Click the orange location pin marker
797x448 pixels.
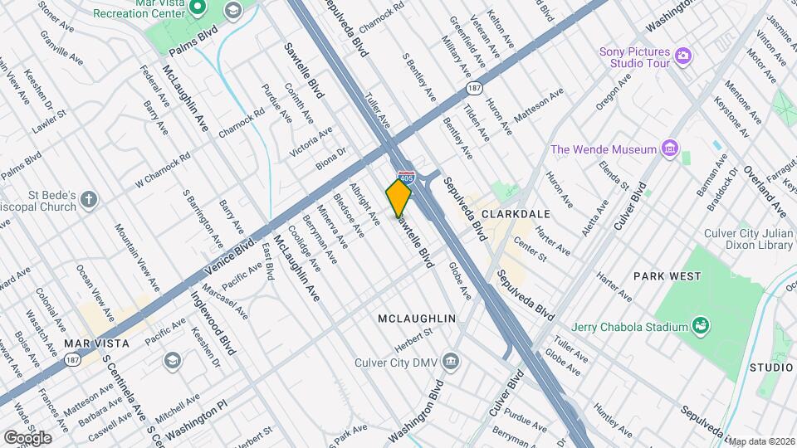pyautogui.click(x=398, y=197)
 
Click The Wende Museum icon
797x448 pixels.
pyautogui.click(x=670, y=150)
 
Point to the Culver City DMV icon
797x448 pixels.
pyautogui.click(x=451, y=360)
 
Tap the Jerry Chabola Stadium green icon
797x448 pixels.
pyautogui.click(x=702, y=324)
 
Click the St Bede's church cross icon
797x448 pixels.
pyautogui.click(x=89, y=200)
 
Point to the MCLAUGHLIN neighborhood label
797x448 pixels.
pyautogui.click(x=417, y=319)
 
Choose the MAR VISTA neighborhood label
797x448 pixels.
pyautogui.click(x=97, y=343)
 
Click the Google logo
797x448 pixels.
pyautogui.click(x=27, y=437)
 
